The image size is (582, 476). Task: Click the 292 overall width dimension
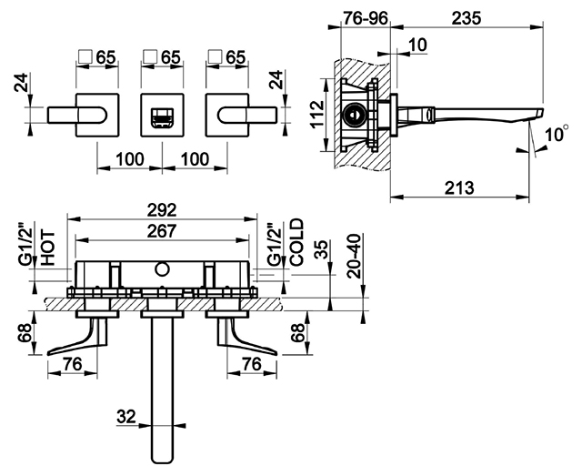(162, 210)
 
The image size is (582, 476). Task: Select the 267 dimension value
(162, 231)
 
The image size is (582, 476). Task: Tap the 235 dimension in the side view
(467, 18)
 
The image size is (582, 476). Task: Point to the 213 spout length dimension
(460, 188)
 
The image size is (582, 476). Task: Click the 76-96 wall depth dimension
(365, 18)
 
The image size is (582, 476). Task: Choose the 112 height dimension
(317, 115)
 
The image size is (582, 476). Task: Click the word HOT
(48, 248)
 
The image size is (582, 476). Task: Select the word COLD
(297, 242)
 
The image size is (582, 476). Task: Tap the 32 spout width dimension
(126, 417)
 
